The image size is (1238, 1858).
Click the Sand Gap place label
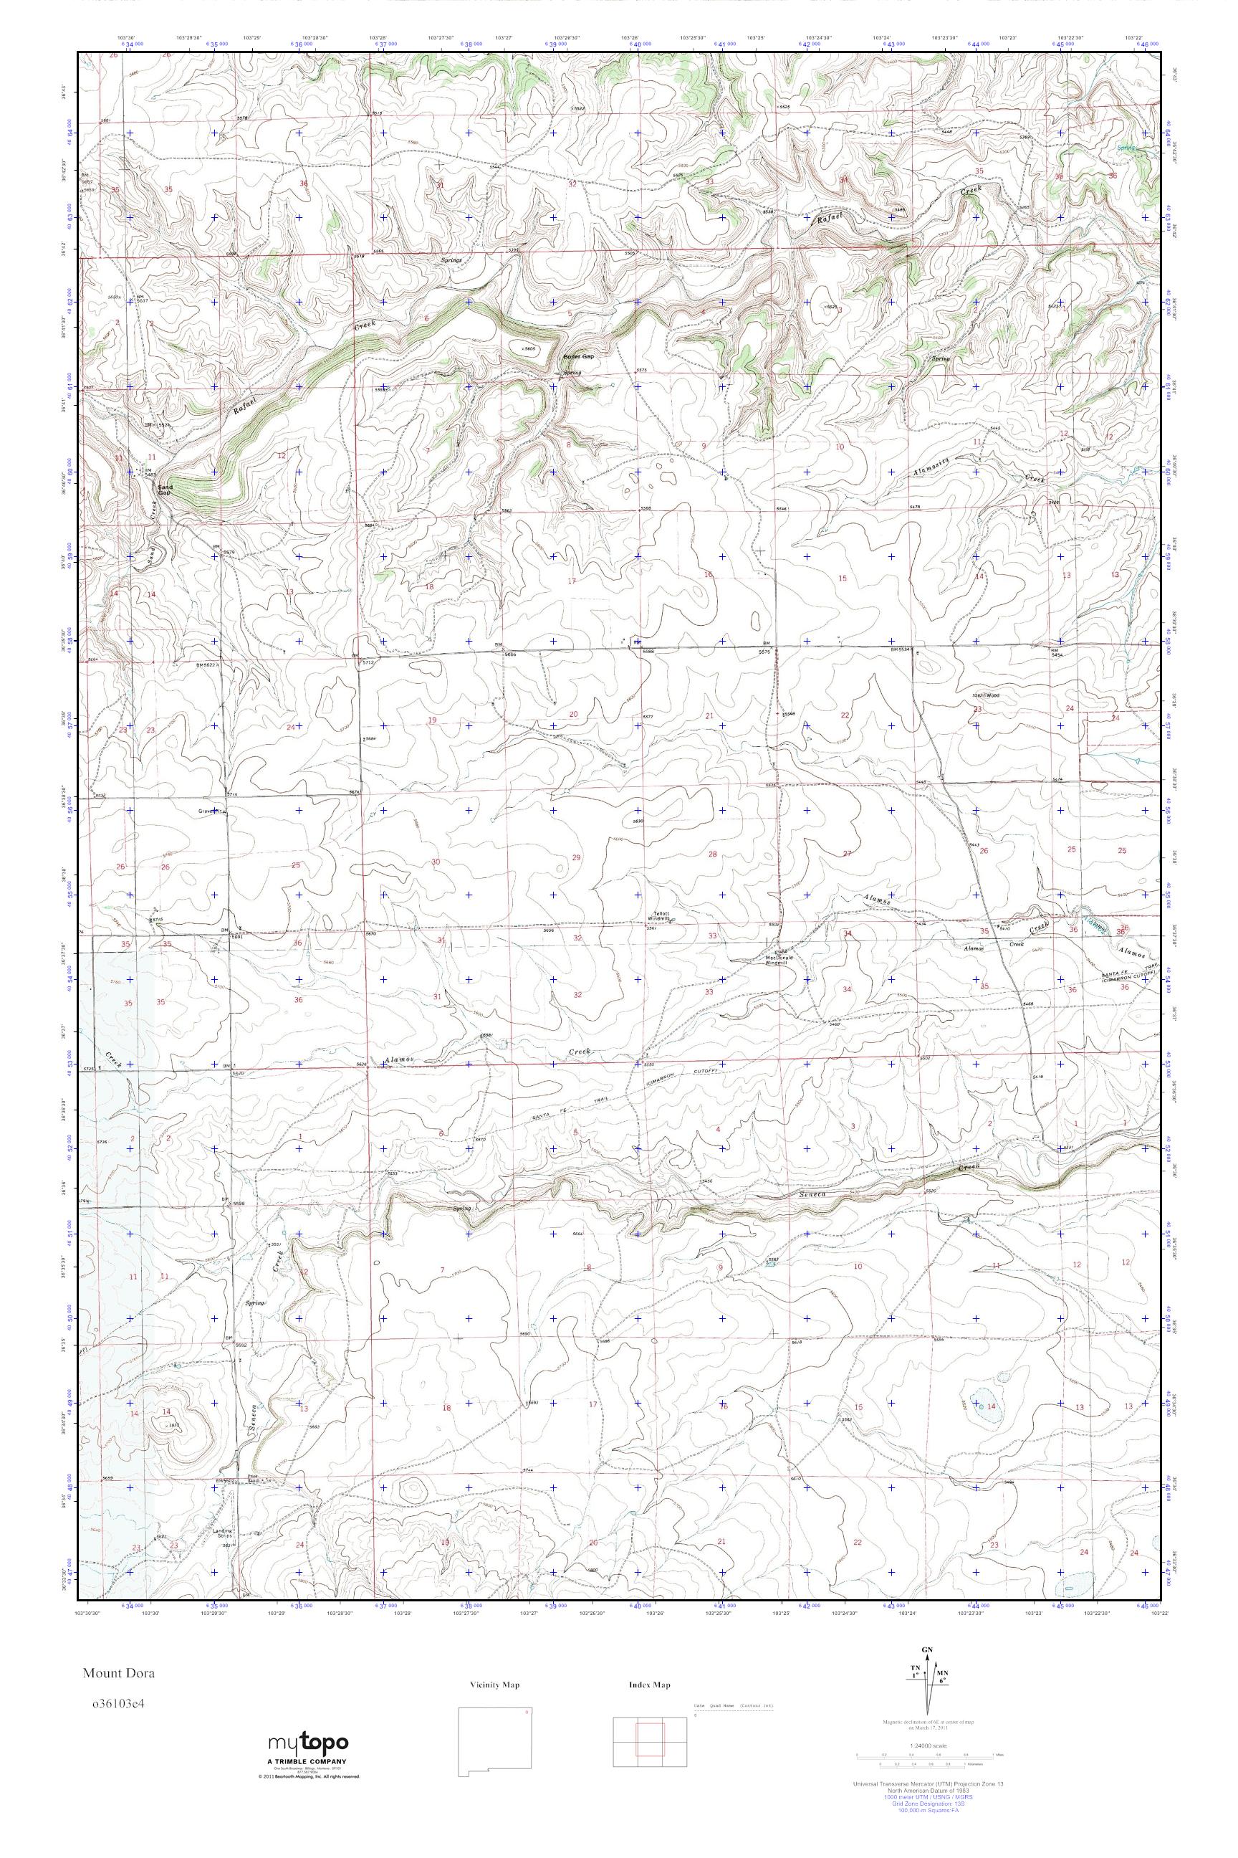(x=164, y=490)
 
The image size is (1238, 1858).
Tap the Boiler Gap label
(x=577, y=357)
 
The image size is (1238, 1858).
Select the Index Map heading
(x=650, y=1685)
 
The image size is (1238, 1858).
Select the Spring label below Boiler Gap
(x=572, y=373)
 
